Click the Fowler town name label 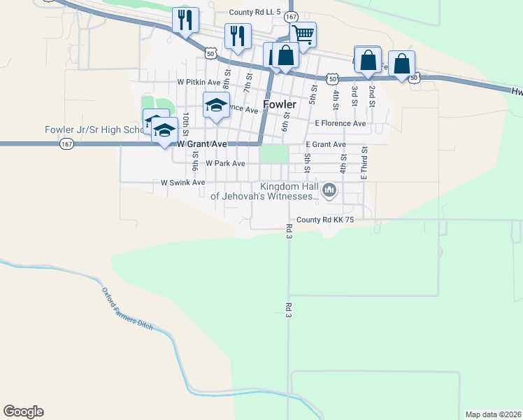pyautogui.click(x=280, y=104)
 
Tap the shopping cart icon pyautogui.click(x=303, y=34)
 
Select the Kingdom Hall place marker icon pyautogui.click(x=329, y=189)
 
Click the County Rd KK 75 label pyautogui.click(x=326, y=219)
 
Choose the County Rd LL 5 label pyautogui.click(x=255, y=13)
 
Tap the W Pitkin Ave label pyautogui.click(x=199, y=81)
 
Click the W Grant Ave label pyautogui.click(x=202, y=143)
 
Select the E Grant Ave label pyautogui.click(x=326, y=144)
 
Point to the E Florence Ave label pyautogui.click(x=341, y=123)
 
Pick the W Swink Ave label pyautogui.click(x=182, y=182)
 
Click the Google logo pyautogui.click(x=23, y=412)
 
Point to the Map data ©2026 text pyautogui.click(x=494, y=414)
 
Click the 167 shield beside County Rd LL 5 pyautogui.click(x=290, y=15)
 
